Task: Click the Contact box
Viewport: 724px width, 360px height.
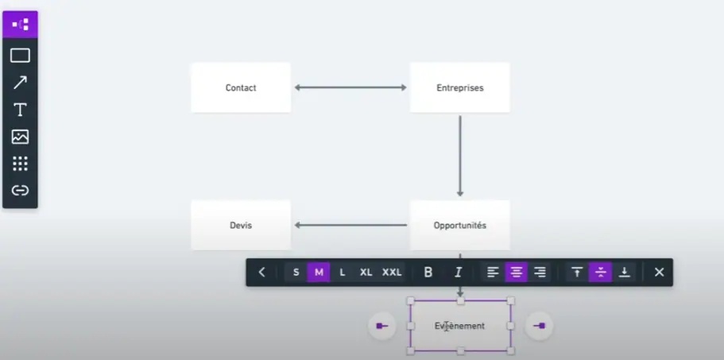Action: (x=241, y=87)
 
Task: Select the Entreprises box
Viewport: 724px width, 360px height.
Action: (x=460, y=87)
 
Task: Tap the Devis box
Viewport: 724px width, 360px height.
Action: (x=241, y=225)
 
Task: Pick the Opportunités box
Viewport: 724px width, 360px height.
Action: (x=460, y=225)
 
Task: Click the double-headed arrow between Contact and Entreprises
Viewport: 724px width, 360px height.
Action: (x=350, y=87)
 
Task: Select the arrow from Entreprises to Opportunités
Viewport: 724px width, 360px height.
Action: (x=460, y=156)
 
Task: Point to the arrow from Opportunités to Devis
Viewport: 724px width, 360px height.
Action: (x=350, y=225)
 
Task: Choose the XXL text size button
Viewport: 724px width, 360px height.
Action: (x=392, y=273)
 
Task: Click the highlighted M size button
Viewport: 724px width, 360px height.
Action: (x=319, y=273)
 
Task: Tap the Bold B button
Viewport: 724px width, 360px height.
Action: (x=428, y=273)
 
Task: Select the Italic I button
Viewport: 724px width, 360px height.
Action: (x=458, y=273)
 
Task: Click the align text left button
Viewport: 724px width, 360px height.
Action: (x=493, y=273)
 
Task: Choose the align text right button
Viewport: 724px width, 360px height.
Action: (x=540, y=273)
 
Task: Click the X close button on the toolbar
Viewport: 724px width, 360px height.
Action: (x=659, y=273)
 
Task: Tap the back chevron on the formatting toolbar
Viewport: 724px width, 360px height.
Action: (x=261, y=273)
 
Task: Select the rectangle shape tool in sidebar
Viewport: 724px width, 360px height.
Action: (x=20, y=56)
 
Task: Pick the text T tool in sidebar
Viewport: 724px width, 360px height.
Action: (x=20, y=110)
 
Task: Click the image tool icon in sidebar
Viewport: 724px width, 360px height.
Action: (x=20, y=137)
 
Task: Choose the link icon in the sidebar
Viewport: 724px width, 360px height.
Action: (x=20, y=190)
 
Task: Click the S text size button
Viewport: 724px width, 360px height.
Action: (x=296, y=273)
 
